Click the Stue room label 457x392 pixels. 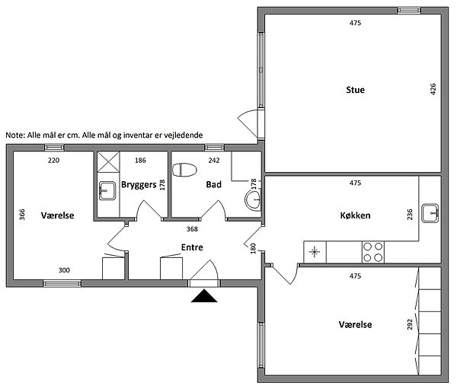coord(355,90)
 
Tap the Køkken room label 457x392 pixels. coord(355,215)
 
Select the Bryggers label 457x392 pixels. coord(139,185)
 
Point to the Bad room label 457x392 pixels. coord(213,184)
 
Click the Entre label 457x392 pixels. coord(192,247)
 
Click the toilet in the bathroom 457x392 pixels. coord(184,170)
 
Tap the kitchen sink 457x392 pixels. coord(430,213)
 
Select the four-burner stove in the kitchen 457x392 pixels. coord(373,252)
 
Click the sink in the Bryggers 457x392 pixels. coord(107,191)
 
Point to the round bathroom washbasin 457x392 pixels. coord(253,200)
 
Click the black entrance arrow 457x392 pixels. coord(204,296)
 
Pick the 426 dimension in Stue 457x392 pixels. coord(433,89)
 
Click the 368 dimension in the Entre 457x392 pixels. coord(192,229)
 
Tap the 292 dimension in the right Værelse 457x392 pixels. coord(410,324)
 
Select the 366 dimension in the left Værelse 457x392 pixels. coord(22,215)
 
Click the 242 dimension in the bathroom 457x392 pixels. coord(213,160)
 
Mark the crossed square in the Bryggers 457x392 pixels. coord(108,162)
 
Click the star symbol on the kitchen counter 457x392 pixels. coord(314,252)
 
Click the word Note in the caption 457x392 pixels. coord(15,135)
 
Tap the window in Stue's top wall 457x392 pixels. coord(409,11)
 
